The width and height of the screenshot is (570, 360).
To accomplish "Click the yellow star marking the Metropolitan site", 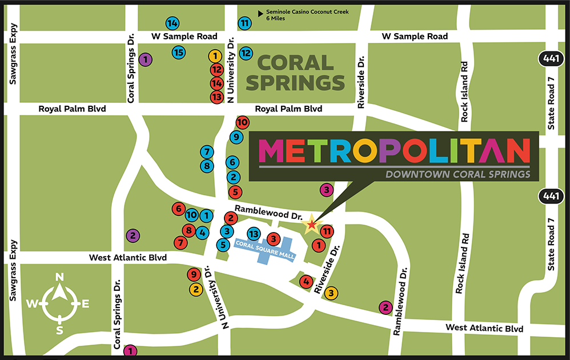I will (x=311, y=225).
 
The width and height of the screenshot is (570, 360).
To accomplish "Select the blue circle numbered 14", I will (x=172, y=23).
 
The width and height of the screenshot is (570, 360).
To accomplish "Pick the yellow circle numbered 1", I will (x=215, y=56).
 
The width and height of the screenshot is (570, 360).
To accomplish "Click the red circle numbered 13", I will (x=216, y=97).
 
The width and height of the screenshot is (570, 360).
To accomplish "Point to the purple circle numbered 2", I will (x=133, y=235).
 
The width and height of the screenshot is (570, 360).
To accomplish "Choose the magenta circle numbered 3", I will (x=326, y=190).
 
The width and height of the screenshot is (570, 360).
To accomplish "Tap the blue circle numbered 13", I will (x=254, y=234).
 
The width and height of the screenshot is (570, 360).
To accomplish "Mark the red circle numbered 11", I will (x=326, y=231).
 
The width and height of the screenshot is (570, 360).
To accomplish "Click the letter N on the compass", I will (x=59, y=277).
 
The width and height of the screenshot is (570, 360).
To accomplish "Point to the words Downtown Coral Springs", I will (x=457, y=174).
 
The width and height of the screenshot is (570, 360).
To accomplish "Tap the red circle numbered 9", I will (x=194, y=274).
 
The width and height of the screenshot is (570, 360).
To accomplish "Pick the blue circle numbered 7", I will (x=207, y=152).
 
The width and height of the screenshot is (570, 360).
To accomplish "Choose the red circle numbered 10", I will (x=242, y=122).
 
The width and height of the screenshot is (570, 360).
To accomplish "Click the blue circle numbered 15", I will (x=179, y=53).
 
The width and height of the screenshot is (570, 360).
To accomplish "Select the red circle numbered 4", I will (x=306, y=281).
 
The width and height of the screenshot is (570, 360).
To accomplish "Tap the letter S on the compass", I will (x=59, y=330).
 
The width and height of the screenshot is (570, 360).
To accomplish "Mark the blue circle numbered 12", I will (x=246, y=53).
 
